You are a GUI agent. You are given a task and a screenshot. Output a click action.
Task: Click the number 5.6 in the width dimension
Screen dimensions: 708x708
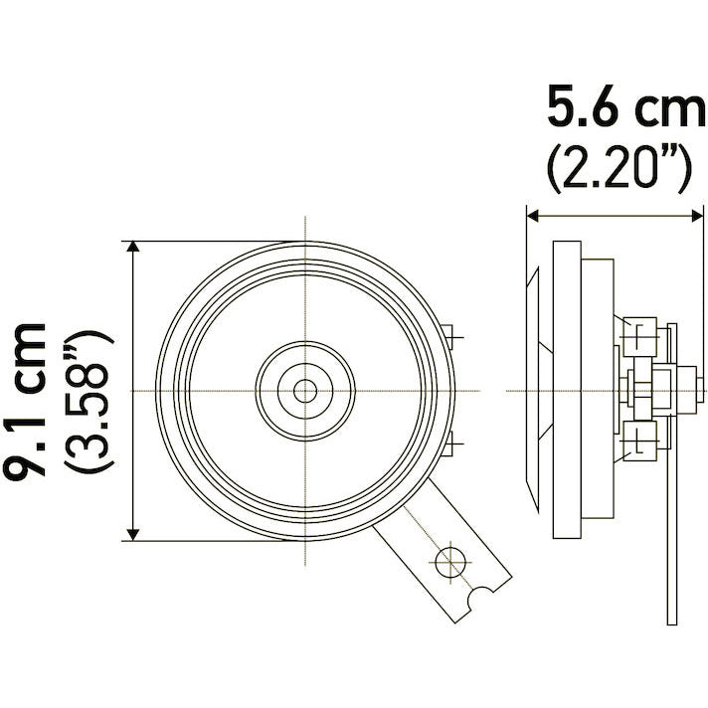tap(580, 106)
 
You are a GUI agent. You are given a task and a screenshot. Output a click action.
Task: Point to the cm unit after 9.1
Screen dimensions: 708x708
tap(29, 354)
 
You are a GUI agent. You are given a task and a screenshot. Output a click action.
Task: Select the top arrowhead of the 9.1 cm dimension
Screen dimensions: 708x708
tap(133, 247)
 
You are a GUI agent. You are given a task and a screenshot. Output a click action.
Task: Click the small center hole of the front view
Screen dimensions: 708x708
tap(305, 390)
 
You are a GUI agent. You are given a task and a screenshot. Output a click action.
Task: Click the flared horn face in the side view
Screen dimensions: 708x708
tap(535, 388)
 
